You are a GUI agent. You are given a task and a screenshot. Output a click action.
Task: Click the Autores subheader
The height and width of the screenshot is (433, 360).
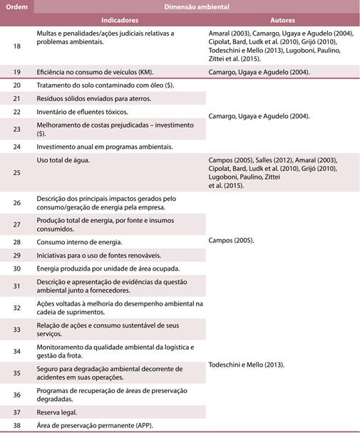tap(284, 21)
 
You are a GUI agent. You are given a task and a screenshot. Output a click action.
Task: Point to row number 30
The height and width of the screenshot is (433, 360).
tap(17, 268)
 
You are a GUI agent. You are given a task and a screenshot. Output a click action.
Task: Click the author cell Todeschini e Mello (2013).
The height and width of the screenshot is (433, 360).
tap(247, 365)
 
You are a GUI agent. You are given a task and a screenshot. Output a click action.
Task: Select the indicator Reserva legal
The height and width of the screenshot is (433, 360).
tap(57, 412)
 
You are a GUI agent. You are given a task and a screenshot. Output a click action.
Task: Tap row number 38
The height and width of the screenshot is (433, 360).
tap(17, 425)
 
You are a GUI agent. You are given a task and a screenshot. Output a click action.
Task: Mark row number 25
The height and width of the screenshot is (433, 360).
tap(17, 172)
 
